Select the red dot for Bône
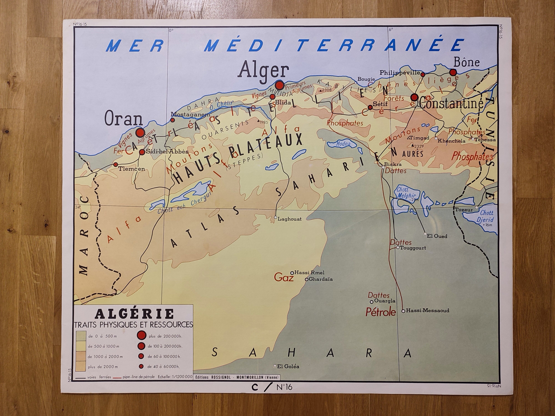point(453,73)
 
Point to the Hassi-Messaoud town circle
point(403,311)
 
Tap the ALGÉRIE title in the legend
point(135,314)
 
